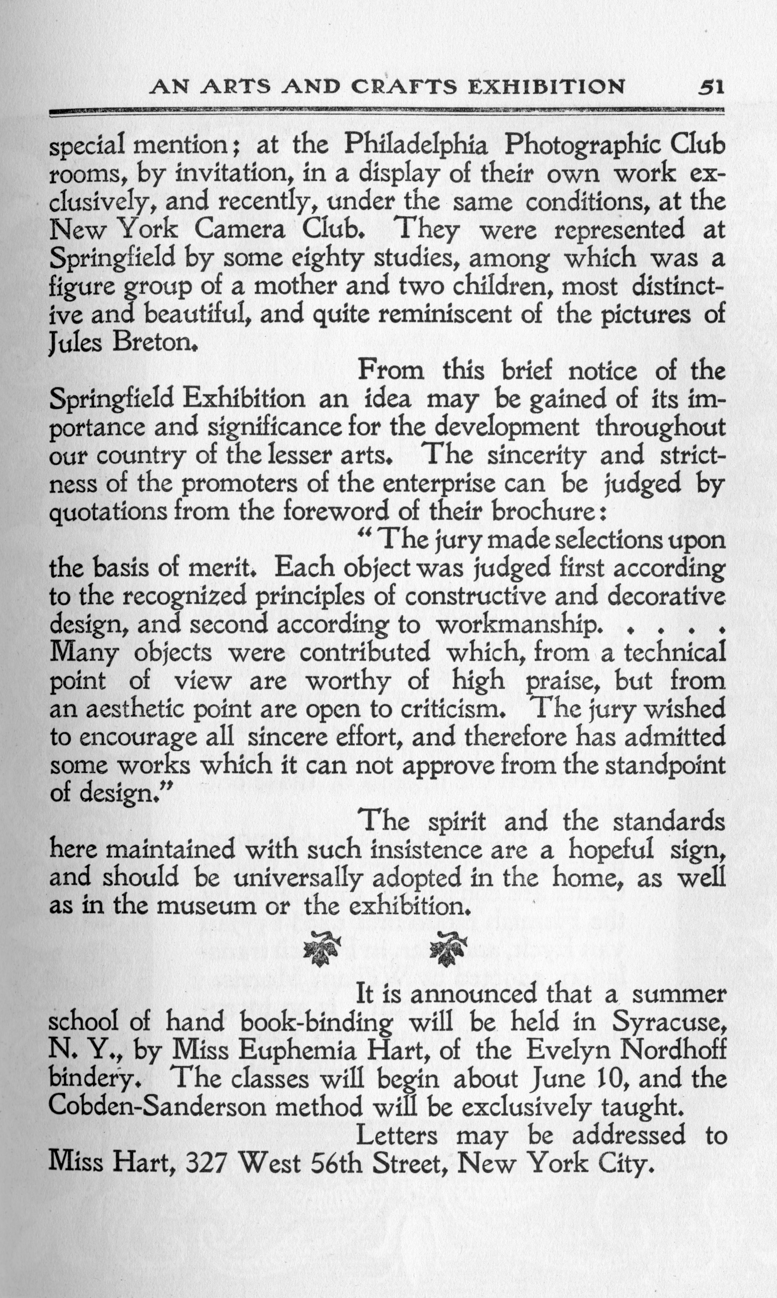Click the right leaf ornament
[x=447, y=947]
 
